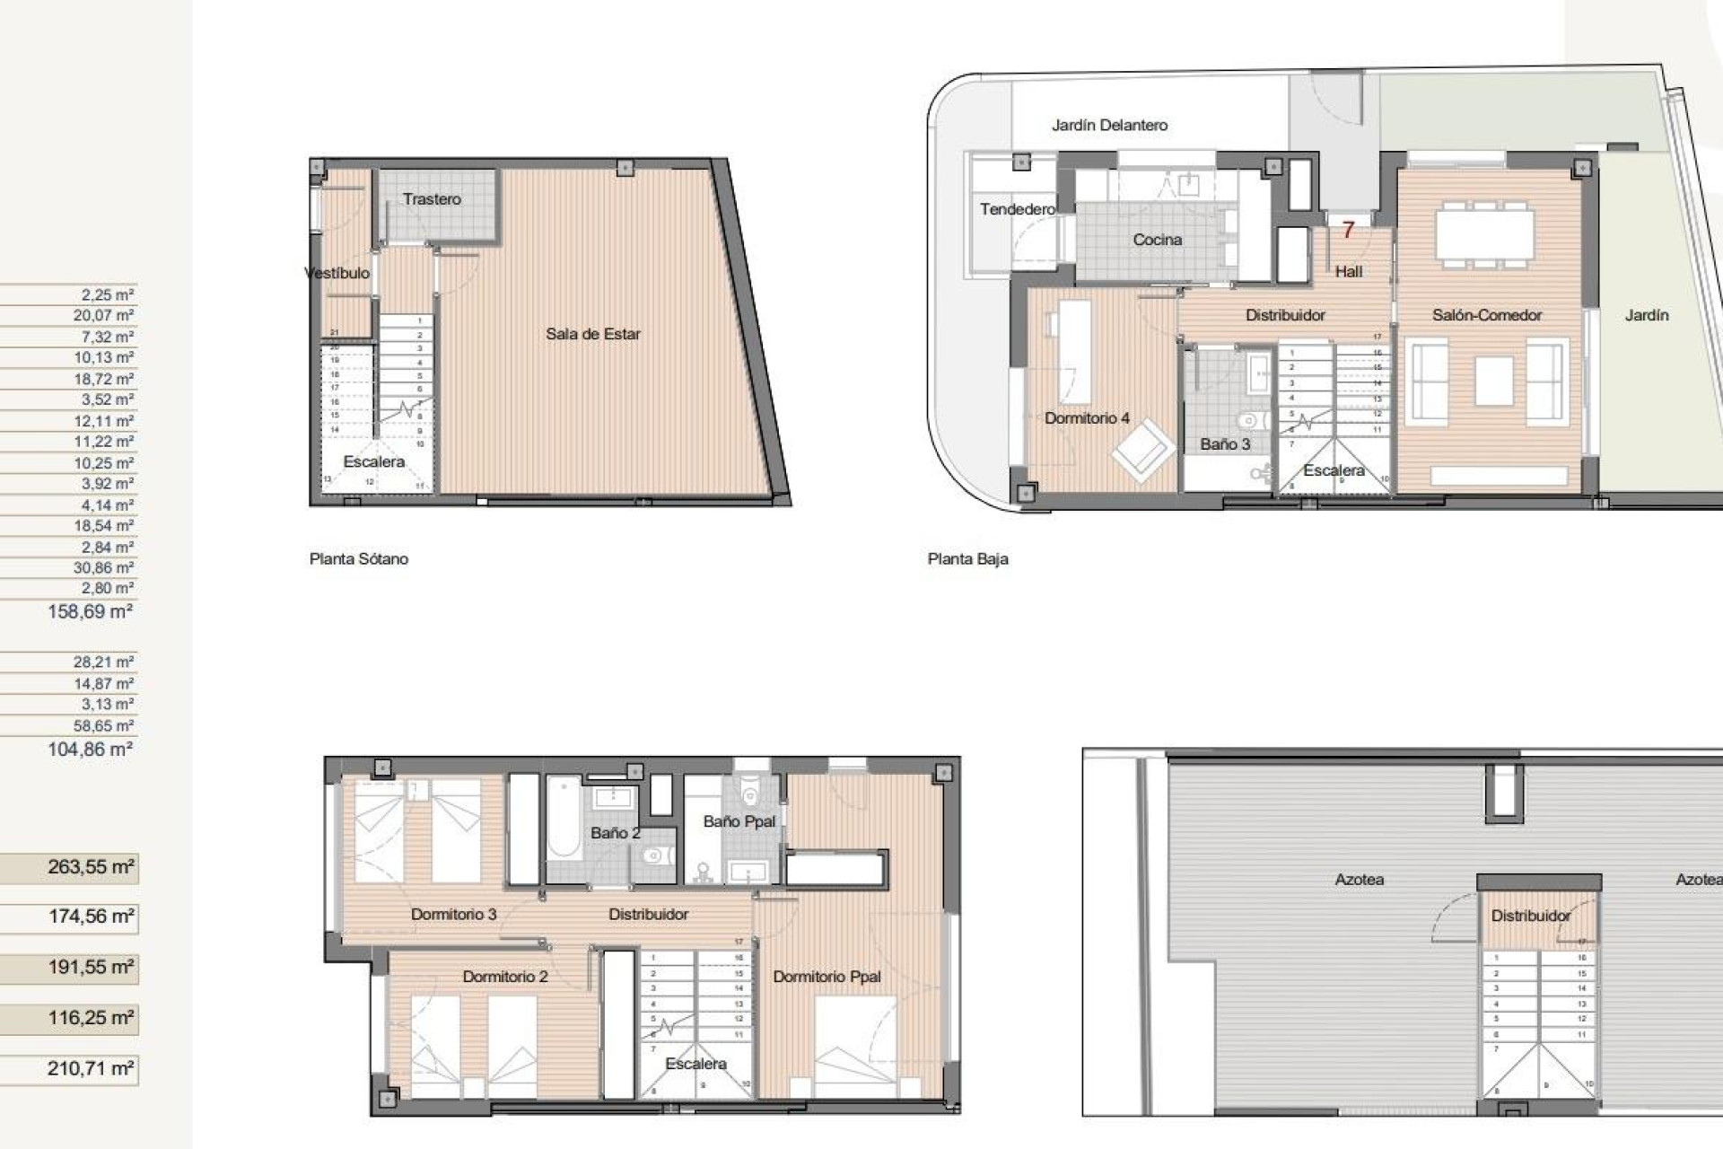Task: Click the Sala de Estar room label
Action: click(x=592, y=334)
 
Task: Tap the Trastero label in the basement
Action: click(x=432, y=199)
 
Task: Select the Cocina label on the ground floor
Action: click(x=1157, y=240)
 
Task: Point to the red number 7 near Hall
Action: click(x=1347, y=231)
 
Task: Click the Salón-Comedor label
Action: click(x=1486, y=315)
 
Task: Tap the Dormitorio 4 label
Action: click(x=1086, y=418)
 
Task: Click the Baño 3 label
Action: click(x=1224, y=444)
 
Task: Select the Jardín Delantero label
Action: click(x=1109, y=126)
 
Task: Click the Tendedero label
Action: click(x=1017, y=209)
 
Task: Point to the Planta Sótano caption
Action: click(x=358, y=558)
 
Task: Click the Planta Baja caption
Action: click(x=967, y=558)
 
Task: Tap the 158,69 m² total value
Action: click(x=90, y=611)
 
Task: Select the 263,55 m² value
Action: click(x=90, y=867)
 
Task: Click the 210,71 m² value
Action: click(x=90, y=1068)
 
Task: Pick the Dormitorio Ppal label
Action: click(x=827, y=977)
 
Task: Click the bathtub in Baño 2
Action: click(x=564, y=819)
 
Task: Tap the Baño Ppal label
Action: click(x=739, y=821)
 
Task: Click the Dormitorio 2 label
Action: click(x=504, y=977)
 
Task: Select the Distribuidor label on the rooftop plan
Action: click(x=1530, y=916)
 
